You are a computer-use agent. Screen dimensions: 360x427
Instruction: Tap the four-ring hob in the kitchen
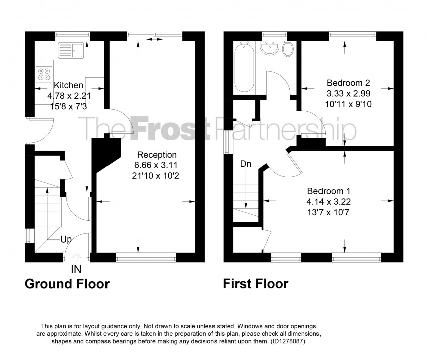43,74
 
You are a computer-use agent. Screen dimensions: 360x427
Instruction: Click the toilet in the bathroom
288,49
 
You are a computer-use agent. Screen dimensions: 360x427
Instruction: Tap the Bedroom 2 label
348,83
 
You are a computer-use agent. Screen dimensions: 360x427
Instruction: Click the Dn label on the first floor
246,164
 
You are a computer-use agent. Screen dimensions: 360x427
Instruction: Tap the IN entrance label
76,270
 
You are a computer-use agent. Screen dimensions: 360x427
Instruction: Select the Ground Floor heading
67,284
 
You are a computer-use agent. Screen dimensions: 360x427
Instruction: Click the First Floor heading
256,284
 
